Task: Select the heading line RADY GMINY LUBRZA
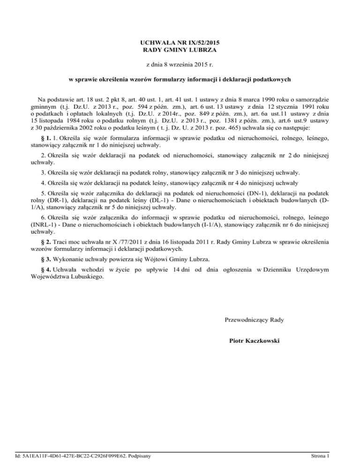[x=180, y=50]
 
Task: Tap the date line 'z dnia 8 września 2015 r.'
[x=180, y=64]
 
